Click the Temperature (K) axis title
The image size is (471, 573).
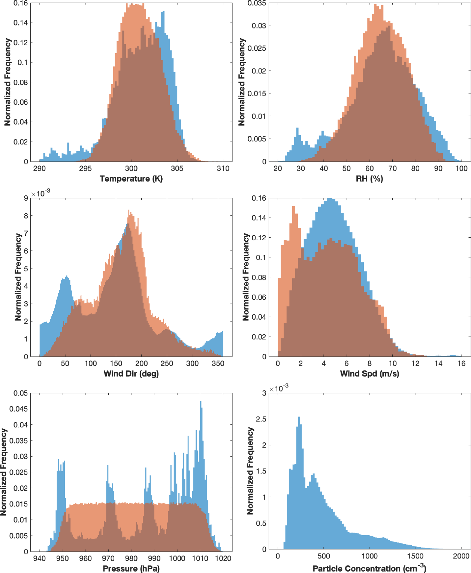point(131,179)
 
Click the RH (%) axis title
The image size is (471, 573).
point(369,179)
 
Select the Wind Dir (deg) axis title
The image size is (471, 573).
point(131,374)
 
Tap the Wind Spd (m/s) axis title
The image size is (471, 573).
point(369,374)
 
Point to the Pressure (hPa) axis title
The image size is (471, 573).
point(131,569)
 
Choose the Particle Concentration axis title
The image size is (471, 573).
point(369,569)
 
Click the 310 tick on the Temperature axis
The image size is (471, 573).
point(223,168)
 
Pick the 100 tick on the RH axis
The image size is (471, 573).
point(461,168)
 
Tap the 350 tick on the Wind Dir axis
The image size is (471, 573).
point(218,363)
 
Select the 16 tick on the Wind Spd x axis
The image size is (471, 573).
point(461,363)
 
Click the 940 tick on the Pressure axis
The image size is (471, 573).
point(39,558)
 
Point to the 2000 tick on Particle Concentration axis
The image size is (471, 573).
point(461,556)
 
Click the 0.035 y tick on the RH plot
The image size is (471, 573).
point(257,3)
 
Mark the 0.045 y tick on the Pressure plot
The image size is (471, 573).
point(18,409)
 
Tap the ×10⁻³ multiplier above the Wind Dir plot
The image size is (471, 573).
point(40,193)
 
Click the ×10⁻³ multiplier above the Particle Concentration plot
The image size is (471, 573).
point(279,388)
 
